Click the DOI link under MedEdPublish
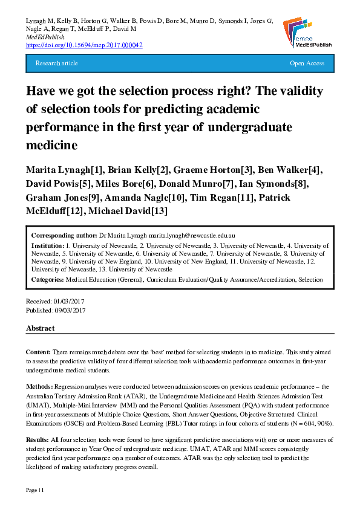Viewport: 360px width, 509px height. [84, 45]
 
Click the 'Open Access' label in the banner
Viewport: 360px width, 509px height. [307, 63]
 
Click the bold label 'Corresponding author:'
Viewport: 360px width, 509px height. [64, 235]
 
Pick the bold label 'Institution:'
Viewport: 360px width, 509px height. [47, 246]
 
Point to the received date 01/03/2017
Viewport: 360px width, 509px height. [70, 301]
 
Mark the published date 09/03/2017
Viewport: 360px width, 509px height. [71, 310]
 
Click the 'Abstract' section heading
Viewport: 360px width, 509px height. [40, 328]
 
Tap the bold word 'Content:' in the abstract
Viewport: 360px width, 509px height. [38, 352]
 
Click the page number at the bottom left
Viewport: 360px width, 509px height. [34, 488]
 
